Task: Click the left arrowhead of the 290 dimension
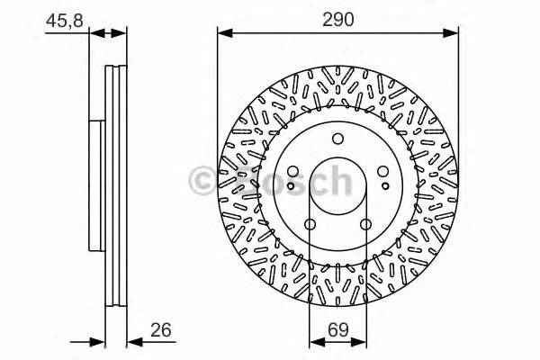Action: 224,34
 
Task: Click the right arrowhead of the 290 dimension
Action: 452,34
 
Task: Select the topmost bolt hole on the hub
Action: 337,139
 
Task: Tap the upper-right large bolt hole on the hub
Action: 382,171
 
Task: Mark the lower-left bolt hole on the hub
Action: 310,224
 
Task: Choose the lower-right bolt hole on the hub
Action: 365,224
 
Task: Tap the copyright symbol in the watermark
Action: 201,183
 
